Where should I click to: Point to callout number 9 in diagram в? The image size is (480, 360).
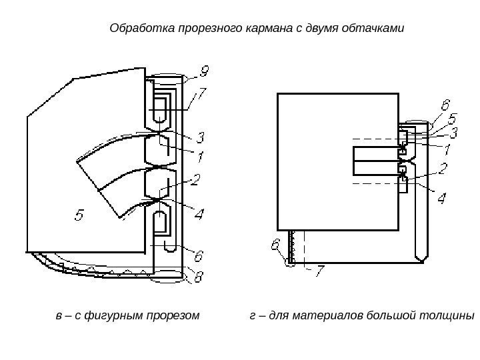coord(204,70)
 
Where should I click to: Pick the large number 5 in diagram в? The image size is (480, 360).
coord(79,215)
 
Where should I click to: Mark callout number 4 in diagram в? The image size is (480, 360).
coord(199,214)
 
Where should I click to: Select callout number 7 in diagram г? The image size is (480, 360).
coord(319,271)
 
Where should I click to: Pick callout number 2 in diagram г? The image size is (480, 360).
coord(442,169)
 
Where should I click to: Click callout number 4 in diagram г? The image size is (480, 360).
coord(441,198)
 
